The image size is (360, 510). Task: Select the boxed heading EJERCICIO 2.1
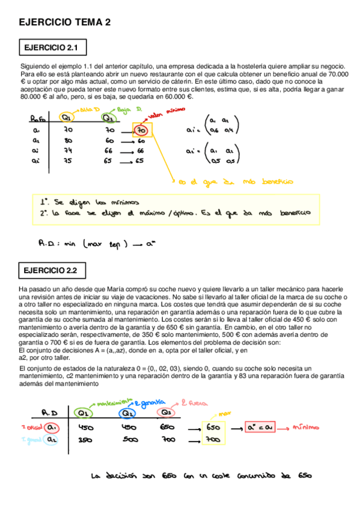tap(53, 46)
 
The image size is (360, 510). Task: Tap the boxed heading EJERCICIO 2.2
tap(53, 270)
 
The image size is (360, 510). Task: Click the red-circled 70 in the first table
tap(140, 129)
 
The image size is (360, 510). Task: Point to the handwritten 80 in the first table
tap(68, 140)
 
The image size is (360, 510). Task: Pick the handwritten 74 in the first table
tap(68, 150)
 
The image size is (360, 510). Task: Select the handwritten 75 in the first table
tap(68, 161)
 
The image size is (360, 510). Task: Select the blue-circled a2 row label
tap(52, 440)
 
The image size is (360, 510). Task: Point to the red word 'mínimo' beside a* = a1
tap(304, 428)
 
